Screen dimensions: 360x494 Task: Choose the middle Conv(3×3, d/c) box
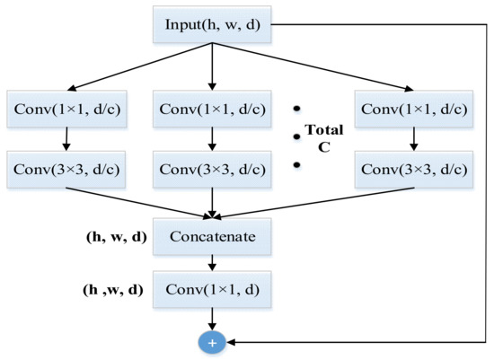coord(212,169)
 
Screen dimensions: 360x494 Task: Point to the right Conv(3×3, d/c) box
coord(413,169)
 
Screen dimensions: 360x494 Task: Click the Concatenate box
coord(212,237)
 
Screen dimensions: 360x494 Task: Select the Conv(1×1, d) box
coord(212,289)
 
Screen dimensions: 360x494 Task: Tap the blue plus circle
coord(212,342)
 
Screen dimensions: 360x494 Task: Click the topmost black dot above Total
coord(296,108)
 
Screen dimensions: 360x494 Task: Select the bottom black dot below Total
coord(296,165)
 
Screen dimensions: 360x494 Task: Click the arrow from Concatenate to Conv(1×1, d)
coord(212,262)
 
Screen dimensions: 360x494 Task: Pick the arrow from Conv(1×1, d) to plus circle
coord(212,318)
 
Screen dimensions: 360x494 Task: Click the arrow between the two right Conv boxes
coord(413,138)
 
